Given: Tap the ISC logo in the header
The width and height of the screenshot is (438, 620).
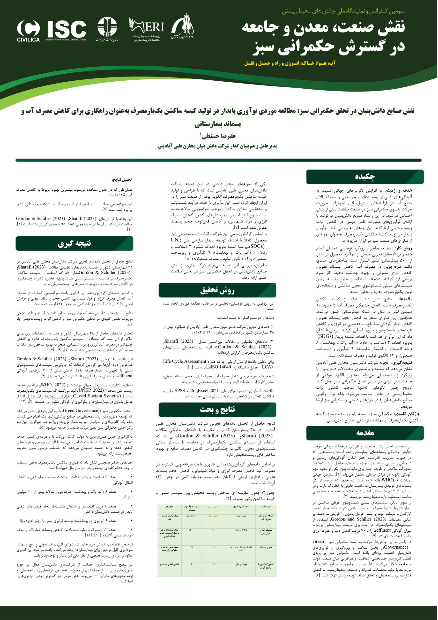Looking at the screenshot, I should point(66,30).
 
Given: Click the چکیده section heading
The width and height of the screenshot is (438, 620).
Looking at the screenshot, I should point(365,177).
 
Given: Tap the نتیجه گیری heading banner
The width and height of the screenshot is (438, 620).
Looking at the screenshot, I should point(74,243).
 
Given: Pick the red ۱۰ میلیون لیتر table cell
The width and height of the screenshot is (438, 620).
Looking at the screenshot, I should point(215,516).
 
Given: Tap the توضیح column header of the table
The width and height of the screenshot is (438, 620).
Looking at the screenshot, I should point(169,507).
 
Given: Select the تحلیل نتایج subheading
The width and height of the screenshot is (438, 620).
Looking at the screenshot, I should point(122,179).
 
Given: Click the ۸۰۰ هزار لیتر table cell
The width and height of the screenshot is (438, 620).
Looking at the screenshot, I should point(192,516).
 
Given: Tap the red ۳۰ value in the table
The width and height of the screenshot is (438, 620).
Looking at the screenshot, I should point(215,564).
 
